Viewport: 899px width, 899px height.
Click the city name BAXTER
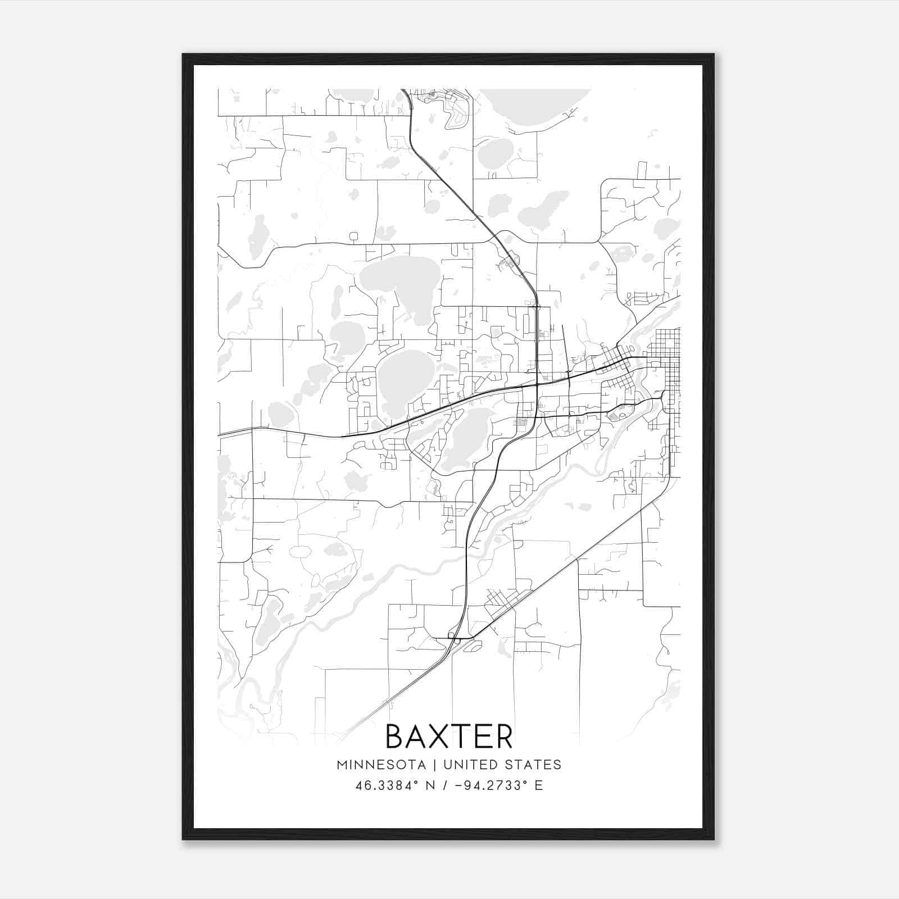tap(449, 737)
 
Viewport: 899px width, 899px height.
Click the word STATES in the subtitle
tap(534, 765)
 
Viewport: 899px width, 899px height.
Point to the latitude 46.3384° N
tap(396, 786)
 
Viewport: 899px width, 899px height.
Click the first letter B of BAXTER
tap(396, 737)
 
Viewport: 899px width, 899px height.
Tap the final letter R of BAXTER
tap(504, 737)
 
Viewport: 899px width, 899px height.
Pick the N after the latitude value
tap(432, 786)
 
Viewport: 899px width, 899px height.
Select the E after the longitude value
tap(539, 786)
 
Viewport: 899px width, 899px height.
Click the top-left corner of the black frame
tap(184, 56)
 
